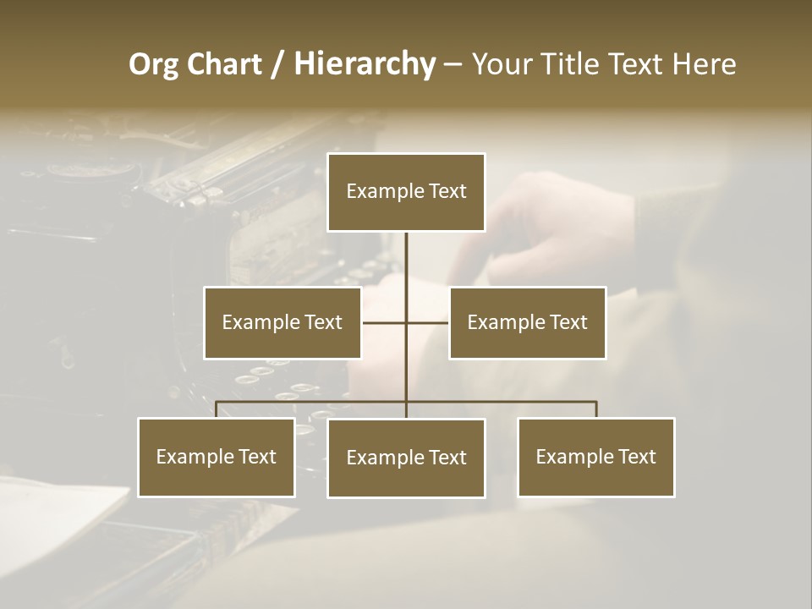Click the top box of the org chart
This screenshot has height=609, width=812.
pos(406,192)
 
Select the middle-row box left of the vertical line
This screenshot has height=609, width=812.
pos(283,322)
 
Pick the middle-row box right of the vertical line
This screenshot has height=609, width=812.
pos(527,322)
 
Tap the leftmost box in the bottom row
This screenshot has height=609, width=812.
pos(216,457)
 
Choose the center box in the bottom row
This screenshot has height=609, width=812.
pos(406,458)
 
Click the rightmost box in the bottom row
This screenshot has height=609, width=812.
pos(595,457)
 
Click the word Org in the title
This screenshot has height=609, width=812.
pos(153,64)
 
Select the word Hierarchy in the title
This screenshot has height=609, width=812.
pos(365,64)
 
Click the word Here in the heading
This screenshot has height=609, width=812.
pos(704,64)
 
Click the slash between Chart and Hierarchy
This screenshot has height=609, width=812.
pos(277,65)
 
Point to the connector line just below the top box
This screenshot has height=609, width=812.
pos(406,254)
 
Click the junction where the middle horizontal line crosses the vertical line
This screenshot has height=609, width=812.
pos(406,322)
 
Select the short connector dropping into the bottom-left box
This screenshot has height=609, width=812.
pos(216,409)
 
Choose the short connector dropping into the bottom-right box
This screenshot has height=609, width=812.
pos(596,409)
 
